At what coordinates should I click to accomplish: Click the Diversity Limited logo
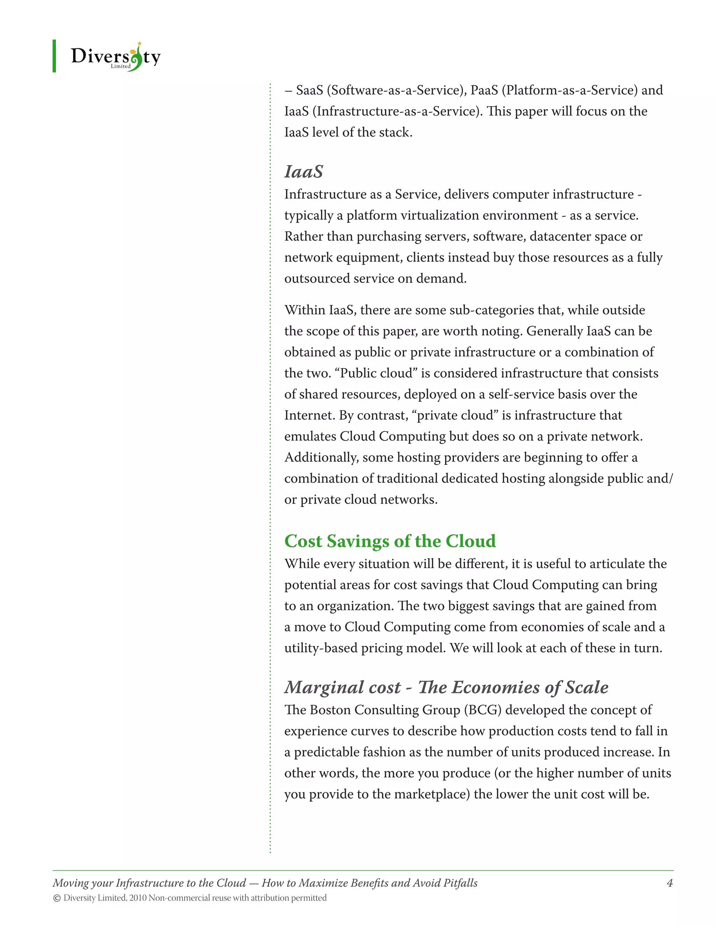(x=115, y=57)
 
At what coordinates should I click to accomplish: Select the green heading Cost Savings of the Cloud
(x=390, y=541)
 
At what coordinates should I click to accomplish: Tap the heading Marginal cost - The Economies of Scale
(x=446, y=687)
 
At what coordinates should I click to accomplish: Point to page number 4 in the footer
(x=670, y=883)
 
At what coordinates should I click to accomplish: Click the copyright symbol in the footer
(x=57, y=898)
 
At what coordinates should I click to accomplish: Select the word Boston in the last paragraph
(x=330, y=710)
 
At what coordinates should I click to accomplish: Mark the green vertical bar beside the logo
(x=54, y=56)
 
